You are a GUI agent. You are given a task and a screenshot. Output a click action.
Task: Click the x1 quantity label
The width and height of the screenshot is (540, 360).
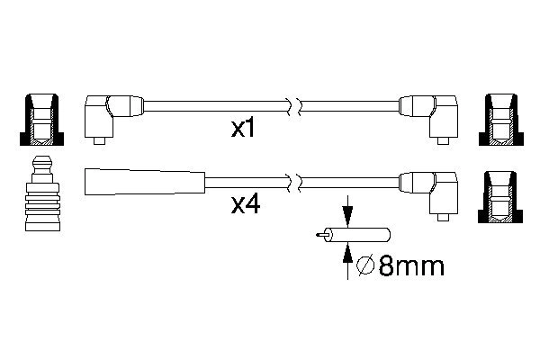point(243,129)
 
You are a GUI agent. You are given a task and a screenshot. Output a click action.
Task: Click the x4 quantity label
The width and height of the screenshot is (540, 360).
point(246,205)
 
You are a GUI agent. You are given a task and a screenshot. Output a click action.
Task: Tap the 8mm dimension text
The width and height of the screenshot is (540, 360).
point(411,266)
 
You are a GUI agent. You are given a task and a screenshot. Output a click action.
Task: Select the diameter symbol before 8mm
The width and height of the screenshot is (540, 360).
point(365,266)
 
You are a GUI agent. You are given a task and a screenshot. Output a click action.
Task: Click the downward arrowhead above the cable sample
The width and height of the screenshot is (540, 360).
point(347,217)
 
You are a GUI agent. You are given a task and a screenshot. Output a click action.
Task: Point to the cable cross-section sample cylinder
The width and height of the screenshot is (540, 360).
point(357,235)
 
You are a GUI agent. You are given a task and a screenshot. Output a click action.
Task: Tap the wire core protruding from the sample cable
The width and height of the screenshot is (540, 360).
point(321,235)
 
